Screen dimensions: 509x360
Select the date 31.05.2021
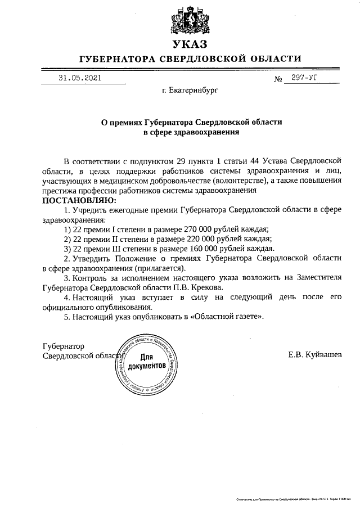click(80, 78)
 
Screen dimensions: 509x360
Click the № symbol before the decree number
click(278, 79)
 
